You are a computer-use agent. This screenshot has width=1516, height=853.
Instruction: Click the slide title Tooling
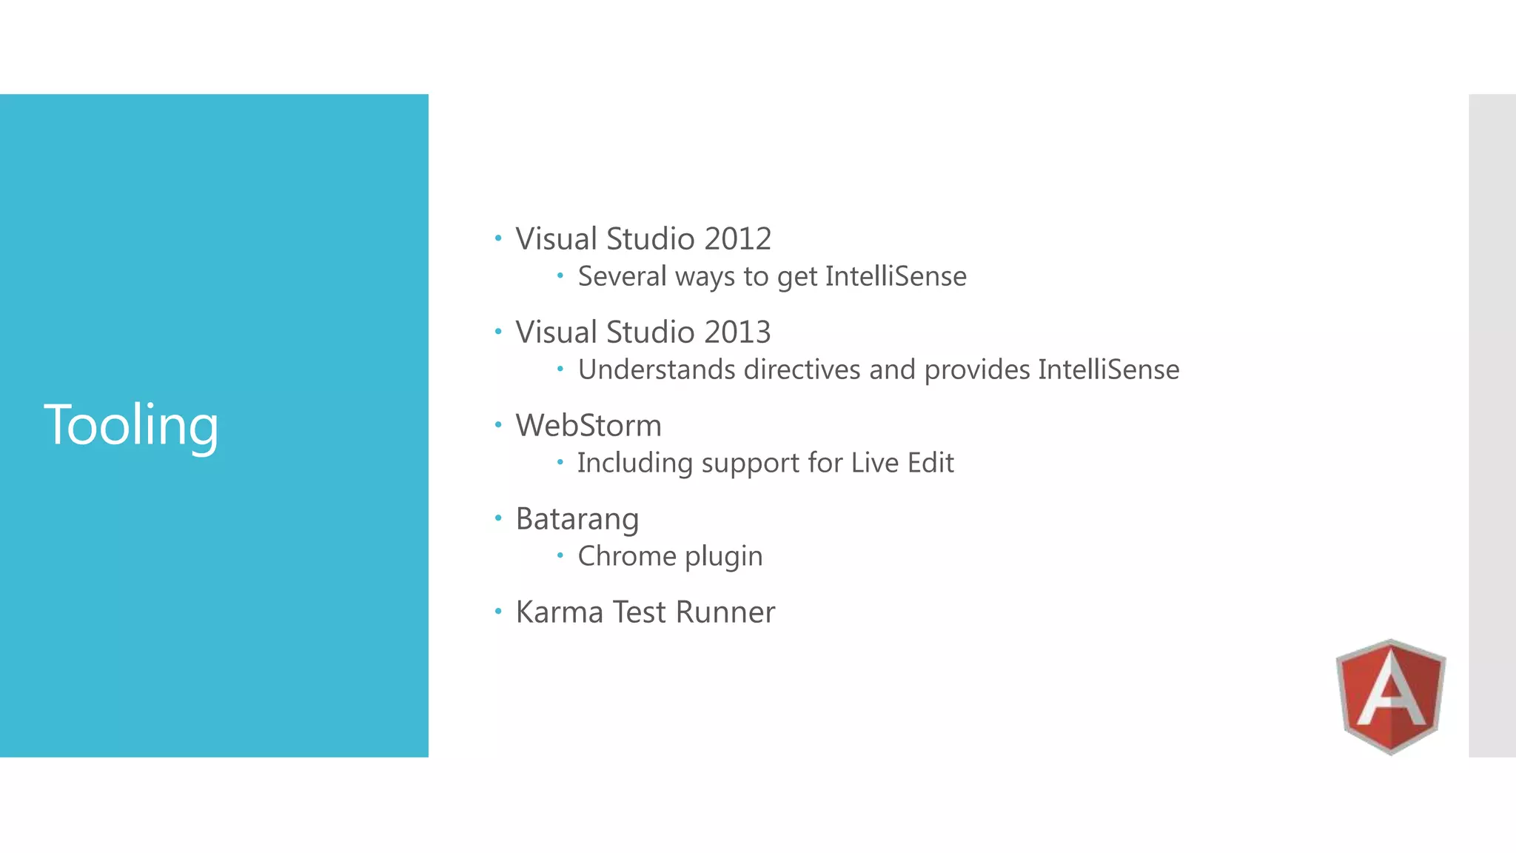coord(131,425)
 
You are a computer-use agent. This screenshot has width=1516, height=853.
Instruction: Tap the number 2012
coord(737,239)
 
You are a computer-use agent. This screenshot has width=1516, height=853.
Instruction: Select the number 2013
coord(737,332)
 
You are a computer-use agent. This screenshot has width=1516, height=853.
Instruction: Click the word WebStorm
coord(588,426)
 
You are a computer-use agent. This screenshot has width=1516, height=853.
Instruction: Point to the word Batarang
coord(577,519)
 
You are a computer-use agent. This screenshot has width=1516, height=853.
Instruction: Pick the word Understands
coord(657,369)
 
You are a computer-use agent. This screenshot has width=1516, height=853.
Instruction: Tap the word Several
coord(622,276)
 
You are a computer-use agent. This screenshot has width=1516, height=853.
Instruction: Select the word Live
coord(874,463)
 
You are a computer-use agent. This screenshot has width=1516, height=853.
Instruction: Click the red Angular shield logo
coord(1391,696)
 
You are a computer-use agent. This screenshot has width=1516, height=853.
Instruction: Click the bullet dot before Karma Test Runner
coord(498,612)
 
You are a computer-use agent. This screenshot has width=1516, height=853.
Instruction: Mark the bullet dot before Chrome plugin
coord(560,555)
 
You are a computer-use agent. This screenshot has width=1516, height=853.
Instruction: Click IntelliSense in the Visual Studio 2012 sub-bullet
coord(896,276)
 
